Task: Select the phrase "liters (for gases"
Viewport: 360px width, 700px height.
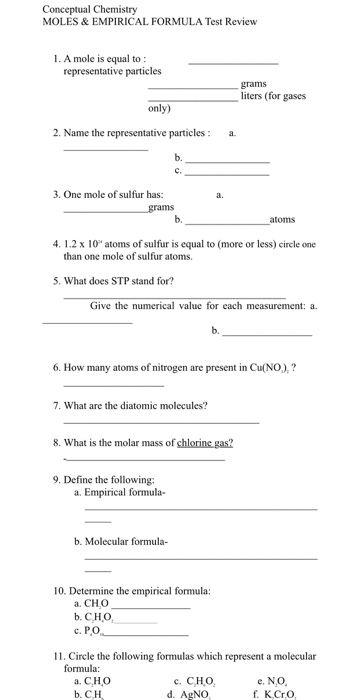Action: pyautogui.click(x=273, y=96)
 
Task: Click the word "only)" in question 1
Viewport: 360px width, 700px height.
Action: pyautogui.click(x=159, y=107)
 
